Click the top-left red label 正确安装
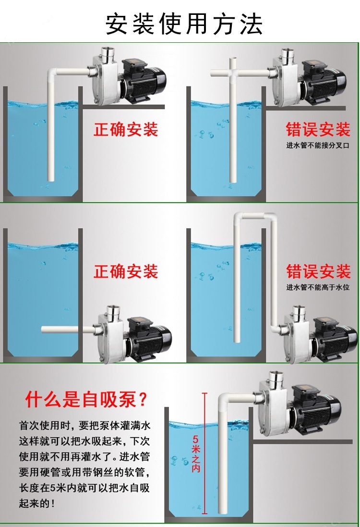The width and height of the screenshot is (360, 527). pyautogui.click(x=126, y=130)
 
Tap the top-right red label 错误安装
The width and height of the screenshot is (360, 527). pyautogui.click(x=318, y=130)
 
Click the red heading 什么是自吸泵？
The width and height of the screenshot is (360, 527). pyautogui.click(x=86, y=399)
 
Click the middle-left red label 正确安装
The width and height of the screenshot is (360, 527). pyautogui.click(x=126, y=272)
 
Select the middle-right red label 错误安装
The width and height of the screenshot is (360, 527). pyautogui.click(x=318, y=272)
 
